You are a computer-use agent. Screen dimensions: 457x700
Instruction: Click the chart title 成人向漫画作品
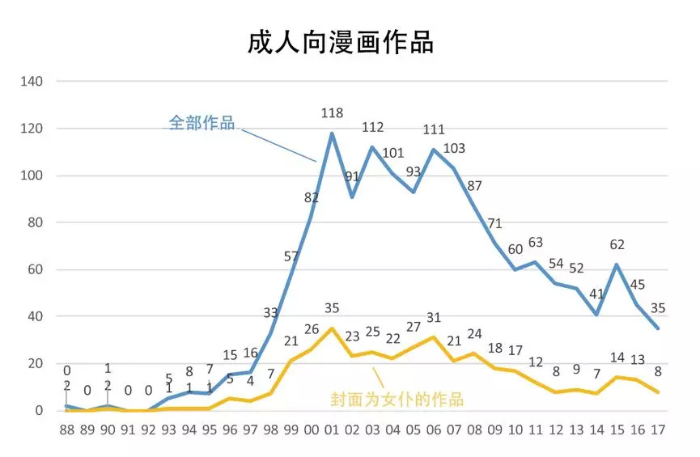tap(341, 41)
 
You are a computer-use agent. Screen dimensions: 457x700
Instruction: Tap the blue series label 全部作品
tap(202, 123)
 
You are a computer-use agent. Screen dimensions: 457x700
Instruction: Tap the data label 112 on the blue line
tap(372, 127)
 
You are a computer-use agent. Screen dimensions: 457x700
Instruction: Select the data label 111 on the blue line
tap(434, 129)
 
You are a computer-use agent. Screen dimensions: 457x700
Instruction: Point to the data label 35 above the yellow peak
tap(332, 308)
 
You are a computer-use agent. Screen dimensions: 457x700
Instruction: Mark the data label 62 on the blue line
tap(617, 245)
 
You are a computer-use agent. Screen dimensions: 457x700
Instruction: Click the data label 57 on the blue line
tap(291, 256)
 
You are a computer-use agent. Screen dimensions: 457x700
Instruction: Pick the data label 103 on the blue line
tap(455, 148)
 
